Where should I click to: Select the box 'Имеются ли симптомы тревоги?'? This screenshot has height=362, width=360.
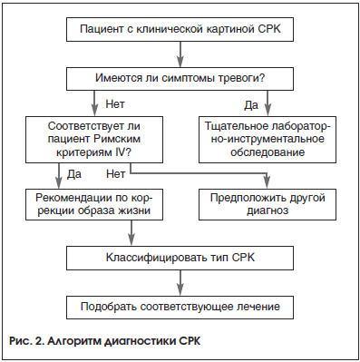[180, 79]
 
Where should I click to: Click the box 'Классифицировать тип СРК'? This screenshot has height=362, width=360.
[180, 259]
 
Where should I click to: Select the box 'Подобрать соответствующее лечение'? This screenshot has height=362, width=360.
[180, 307]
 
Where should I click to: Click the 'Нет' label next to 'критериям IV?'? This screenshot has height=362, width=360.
[115, 172]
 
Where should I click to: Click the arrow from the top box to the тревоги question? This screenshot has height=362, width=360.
[180, 55]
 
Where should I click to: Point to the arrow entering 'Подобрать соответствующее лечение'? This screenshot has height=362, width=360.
[180, 283]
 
